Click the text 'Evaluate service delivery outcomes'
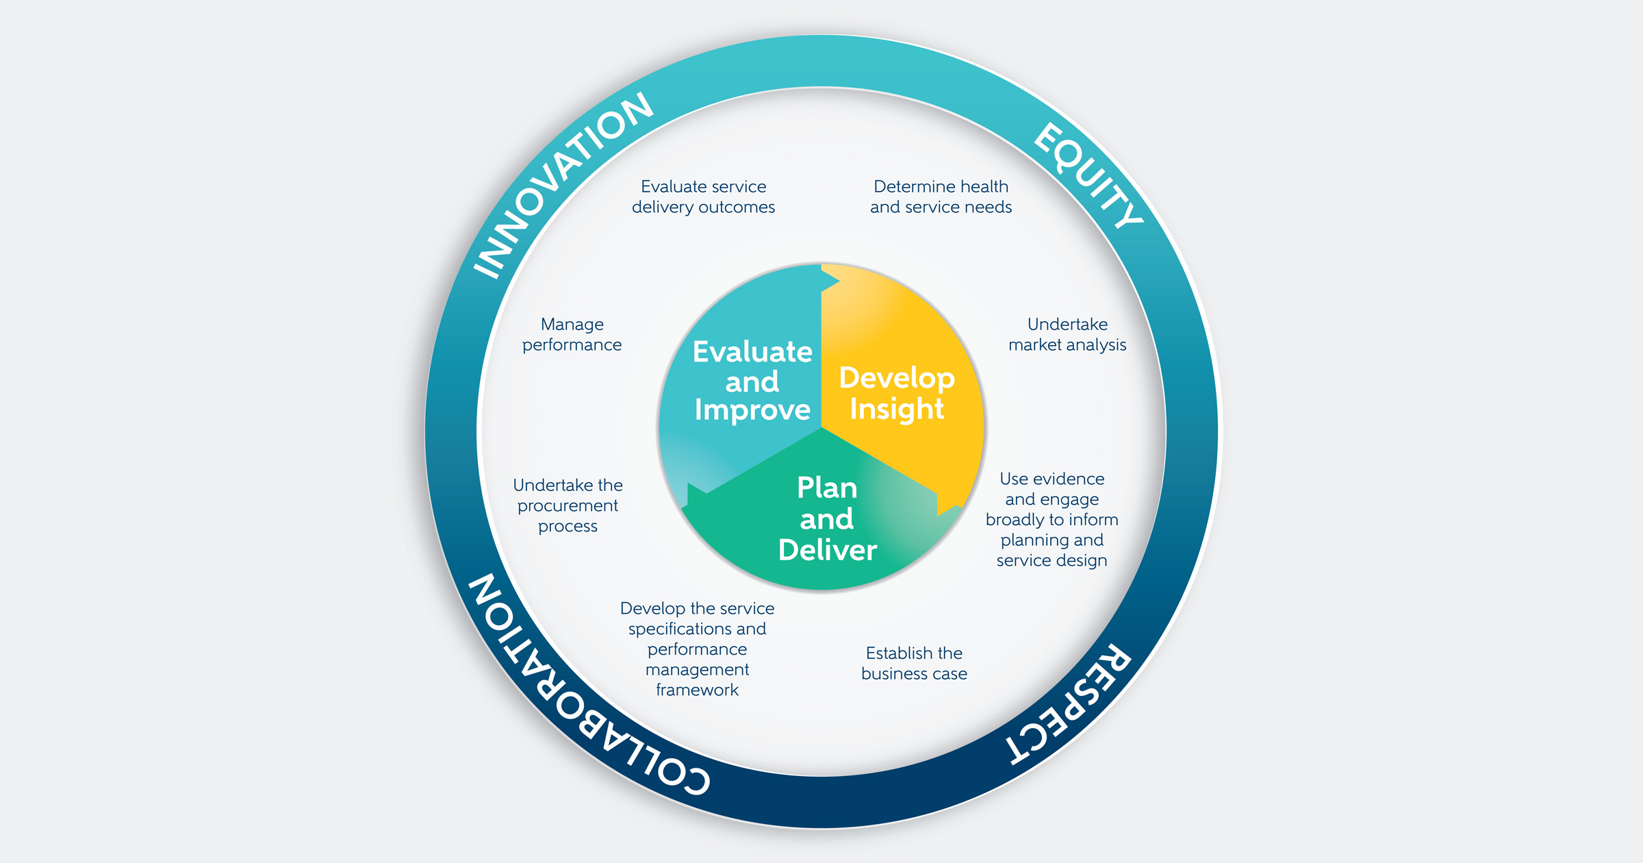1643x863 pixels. (703, 197)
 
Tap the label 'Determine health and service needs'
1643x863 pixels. (941, 197)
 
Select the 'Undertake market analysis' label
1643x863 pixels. (1067, 334)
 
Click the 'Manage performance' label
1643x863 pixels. (572, 334)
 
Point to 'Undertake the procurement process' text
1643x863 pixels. (568, 505)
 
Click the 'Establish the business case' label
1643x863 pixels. (914, 663)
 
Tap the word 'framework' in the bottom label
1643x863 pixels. (697, 690)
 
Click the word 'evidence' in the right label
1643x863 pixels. (1071, 479)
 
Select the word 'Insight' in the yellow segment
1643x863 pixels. (897, 409)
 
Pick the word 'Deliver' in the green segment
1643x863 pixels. (827, 550)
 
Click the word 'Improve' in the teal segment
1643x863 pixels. (752, 410)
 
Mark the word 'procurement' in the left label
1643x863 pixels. (568, 505)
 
